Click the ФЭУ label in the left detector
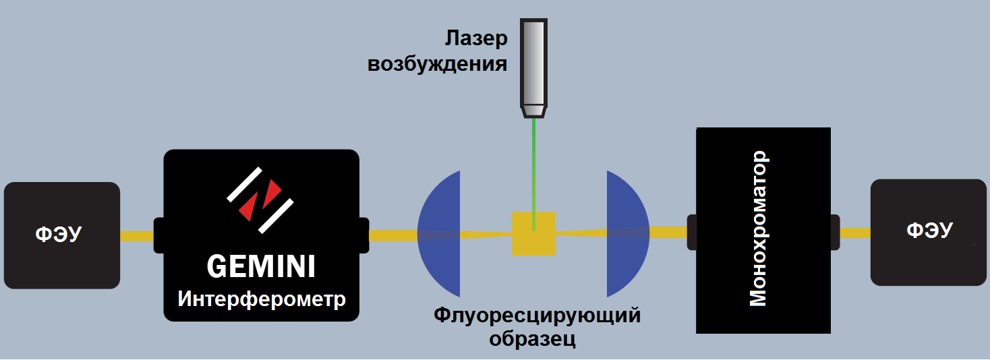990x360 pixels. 58,235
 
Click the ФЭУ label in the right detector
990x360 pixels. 929,231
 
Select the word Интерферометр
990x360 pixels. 262,299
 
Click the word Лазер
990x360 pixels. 475,39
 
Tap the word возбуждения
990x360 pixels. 437,65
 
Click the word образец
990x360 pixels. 533,338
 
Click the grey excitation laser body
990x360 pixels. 533,61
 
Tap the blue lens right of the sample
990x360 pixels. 626,233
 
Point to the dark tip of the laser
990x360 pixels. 533,111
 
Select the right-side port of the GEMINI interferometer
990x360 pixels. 363,235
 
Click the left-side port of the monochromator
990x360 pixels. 691,232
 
